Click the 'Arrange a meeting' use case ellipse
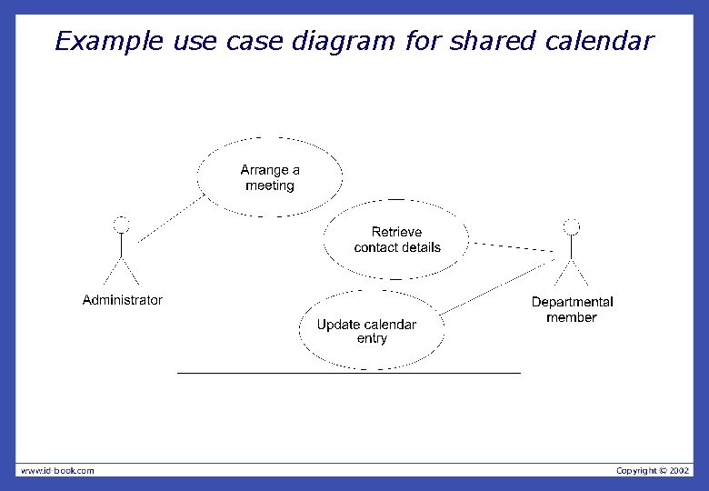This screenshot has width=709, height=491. (x=270, y=177)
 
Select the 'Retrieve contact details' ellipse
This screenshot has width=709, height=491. (x=396, y=240)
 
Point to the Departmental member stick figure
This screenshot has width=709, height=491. (x=571, y=255)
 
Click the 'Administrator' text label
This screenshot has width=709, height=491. (x=123, y=300)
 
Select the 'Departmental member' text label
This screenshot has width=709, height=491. (x=572, y=309)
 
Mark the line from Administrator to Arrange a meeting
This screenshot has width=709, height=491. (x=171, y=219)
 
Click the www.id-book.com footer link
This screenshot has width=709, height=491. (x=57, y=470)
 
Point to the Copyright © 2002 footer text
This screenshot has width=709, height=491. (x=653, y=470)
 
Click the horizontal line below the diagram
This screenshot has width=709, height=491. (x=349, y=373)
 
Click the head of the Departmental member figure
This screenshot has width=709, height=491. (x=571, y=226)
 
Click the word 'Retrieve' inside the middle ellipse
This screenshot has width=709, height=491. (x=396, y=232)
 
